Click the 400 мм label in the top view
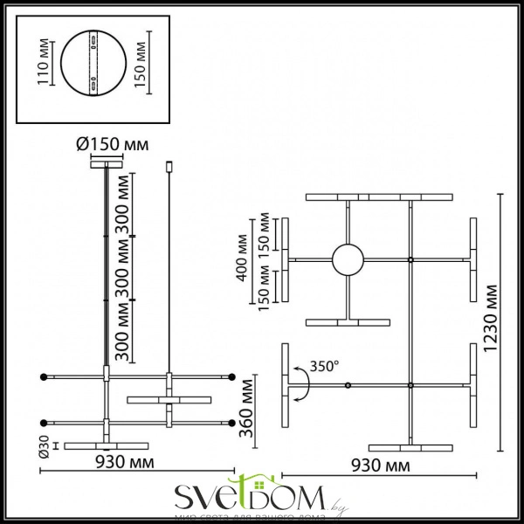tap(243, 259)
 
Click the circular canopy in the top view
tap(348, 260)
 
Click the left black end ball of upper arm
tap(43, 376)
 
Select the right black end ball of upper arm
tap(233, 376)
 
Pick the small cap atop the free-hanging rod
tap(168, 165)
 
